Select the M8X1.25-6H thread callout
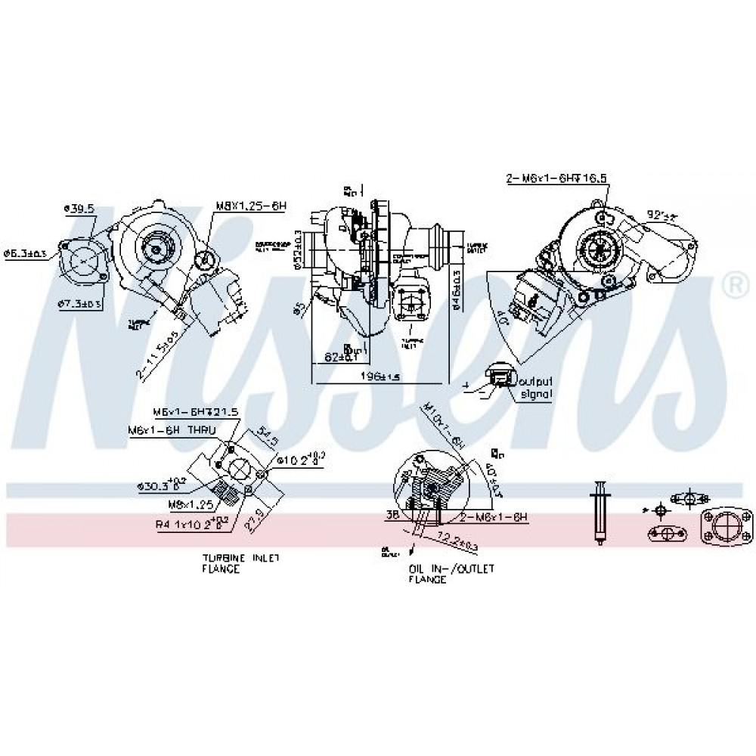[x=251, y=206]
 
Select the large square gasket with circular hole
[x=727, y=526]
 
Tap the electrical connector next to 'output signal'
[x=500, y=379]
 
